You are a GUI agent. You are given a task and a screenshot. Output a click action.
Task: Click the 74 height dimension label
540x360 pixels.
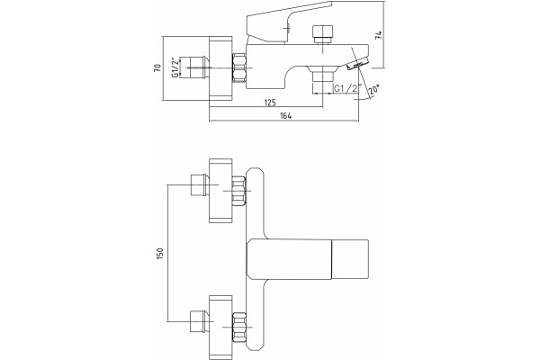coord(379,35)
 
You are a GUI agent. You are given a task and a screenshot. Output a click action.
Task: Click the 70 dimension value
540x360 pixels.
coord(157,67)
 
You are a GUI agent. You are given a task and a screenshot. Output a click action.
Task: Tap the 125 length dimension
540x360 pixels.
coord(270,103)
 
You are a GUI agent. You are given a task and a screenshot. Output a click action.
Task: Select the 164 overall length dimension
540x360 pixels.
coord(285,116)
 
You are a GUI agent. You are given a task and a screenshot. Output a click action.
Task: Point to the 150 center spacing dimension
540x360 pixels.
coord(160,254)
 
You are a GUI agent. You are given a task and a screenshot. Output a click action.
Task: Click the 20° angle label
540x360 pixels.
coord(373,89)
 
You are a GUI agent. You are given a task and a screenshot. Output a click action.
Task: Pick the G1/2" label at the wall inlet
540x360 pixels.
coord(175,67)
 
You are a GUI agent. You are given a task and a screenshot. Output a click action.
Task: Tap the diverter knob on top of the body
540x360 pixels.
coord(323,33)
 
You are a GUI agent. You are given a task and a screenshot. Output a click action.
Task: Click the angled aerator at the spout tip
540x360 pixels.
coord(357,64)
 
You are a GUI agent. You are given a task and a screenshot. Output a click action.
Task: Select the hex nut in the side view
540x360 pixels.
coord(239,67)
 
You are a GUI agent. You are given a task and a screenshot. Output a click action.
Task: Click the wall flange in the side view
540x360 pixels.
coord(221,67)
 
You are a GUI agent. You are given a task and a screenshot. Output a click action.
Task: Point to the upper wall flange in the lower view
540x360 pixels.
coord(221,191)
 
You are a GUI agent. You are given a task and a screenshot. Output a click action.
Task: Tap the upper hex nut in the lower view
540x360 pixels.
coord(239,191)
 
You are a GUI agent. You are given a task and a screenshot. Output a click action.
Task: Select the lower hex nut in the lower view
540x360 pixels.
coord(239,327)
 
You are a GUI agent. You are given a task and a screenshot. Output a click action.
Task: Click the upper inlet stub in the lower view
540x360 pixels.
coord(199,185)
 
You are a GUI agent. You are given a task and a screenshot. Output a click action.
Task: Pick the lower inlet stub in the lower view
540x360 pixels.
coord(199,321)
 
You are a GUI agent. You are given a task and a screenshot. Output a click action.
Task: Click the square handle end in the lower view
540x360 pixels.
coord(351,258)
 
